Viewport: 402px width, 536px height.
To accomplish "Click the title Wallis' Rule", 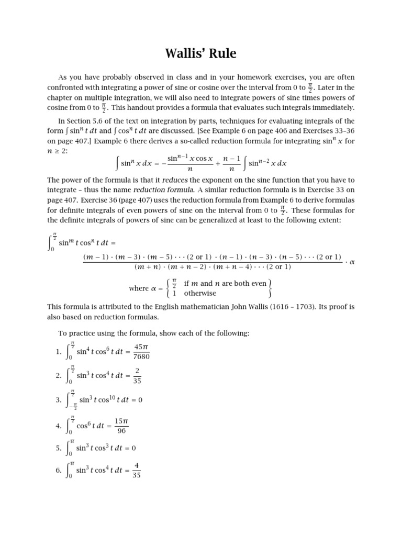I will point(201,53).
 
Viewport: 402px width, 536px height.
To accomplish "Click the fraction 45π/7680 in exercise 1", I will point(142,352).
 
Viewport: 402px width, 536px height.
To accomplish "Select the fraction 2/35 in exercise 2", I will point(137,376).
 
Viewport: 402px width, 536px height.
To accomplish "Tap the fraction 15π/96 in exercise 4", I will point(121,426).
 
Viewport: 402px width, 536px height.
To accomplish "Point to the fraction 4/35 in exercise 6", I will point(137,471).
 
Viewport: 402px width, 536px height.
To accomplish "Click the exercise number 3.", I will point(58,400).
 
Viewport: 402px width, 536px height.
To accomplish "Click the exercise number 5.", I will point(58,449).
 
